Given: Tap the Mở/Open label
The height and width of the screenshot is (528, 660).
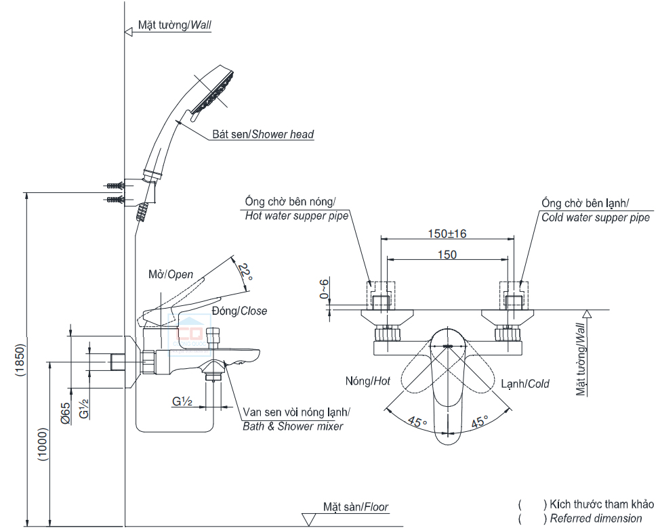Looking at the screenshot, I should point(171,274).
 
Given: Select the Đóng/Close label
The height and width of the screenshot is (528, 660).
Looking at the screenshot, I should point(239,311).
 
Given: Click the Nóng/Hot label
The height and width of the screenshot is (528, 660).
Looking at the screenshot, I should point(368,381).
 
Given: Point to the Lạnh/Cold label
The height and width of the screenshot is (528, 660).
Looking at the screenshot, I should point(525,383).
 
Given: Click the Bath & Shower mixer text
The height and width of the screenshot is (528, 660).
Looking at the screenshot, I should point(293,426).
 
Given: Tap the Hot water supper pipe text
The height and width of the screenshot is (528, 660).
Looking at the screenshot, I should point(296,216).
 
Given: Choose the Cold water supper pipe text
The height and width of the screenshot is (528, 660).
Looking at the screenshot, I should point(596,217).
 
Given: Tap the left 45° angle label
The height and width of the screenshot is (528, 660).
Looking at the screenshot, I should point(417,422).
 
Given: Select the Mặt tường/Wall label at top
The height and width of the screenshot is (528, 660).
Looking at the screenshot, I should point(175,25).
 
